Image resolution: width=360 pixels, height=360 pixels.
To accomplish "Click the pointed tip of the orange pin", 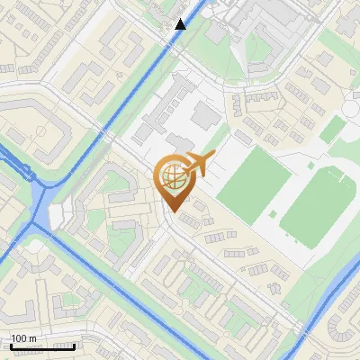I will [171, 211].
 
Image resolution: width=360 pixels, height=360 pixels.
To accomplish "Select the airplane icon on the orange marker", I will [197, 165].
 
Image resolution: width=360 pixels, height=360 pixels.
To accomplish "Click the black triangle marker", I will [180, 24].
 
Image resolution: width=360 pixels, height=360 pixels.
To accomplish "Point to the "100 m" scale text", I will [23, 338].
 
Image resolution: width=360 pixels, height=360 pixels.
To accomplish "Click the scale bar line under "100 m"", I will [41, 346].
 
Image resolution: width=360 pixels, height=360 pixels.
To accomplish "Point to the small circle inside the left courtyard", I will [40, 130].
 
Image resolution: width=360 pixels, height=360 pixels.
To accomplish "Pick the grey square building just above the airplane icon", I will [206, 115].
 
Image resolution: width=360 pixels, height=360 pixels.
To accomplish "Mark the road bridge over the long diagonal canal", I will [107, 134].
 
